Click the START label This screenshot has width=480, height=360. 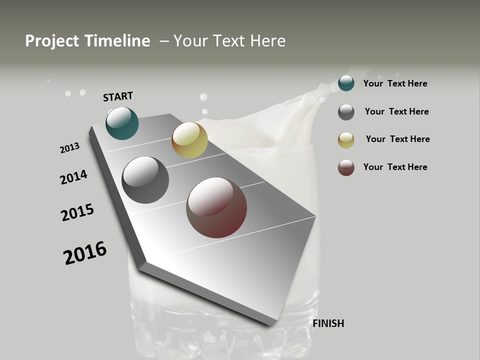point(118,96)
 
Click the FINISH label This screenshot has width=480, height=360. point(328,323)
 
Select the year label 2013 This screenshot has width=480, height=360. point(69,147)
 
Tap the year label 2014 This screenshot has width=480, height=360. point(73,177)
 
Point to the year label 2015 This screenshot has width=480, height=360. point(77,212)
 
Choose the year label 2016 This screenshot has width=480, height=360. point(85,253)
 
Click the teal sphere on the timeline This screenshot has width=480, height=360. point(122,123)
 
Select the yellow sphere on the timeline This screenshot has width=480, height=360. point(189,140)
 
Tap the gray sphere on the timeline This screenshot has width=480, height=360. point(145,180)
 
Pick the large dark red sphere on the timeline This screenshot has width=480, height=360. point(216,207)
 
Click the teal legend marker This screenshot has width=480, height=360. point(346,83)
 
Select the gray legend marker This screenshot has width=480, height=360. point(346,112)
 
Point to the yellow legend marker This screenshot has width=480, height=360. point(346,140)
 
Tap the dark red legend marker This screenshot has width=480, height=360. point(346,167)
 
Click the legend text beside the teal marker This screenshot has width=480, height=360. point(395,83)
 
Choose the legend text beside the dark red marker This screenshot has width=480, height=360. point(395,167)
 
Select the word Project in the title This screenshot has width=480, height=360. point(52,41)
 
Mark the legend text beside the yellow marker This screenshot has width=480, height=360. point(397,139)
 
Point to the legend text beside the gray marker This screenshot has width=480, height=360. point(396,111)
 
